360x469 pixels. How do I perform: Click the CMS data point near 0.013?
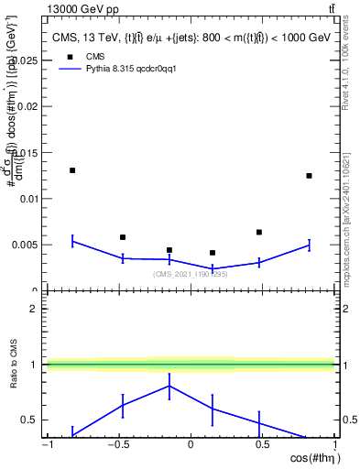tap(72, 170)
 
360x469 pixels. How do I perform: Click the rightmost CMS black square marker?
tap(310, 176)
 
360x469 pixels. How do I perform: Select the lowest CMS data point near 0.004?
tap(213, 253)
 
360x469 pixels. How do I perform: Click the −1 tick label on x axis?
tap(46, 446)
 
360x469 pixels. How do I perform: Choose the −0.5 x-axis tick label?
tap(116, 446)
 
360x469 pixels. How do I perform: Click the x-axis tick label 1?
tap(334, 446)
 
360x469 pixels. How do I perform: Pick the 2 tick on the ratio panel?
tap(35, 309)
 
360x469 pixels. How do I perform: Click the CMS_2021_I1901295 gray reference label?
tap(190, 274)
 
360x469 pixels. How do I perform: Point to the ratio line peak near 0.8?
tap(169, 386)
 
